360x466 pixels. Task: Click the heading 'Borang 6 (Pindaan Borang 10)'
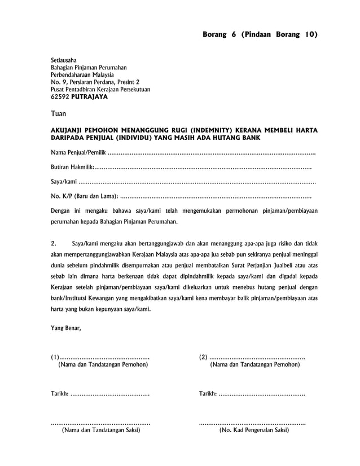(x=260, y=35)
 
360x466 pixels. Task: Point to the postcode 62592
(x=59, y=97)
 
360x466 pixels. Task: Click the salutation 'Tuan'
(x=59, y=114)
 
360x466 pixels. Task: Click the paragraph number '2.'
(x=54, y=244)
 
